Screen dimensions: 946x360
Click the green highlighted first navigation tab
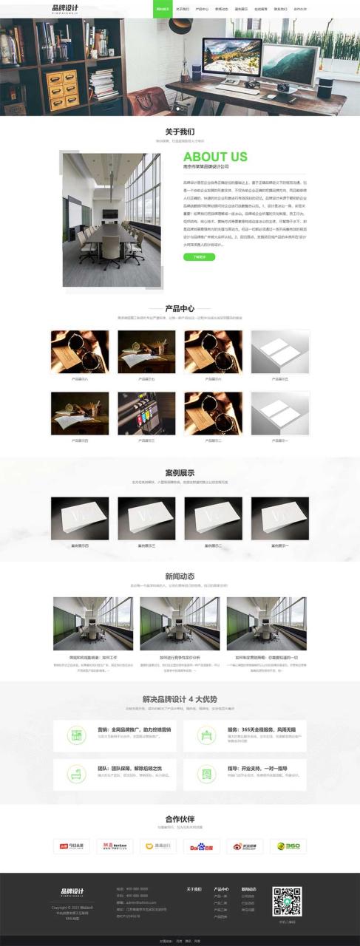pos(163,9)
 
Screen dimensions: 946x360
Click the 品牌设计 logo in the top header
pos(65,9)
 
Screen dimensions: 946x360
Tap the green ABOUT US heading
pos(215,157)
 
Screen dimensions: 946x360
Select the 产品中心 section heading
pos(180,308)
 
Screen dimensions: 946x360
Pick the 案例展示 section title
pos(180,473)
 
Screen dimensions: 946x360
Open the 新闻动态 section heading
pos(180,576)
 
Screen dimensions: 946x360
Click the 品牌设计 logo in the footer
pos(72,891)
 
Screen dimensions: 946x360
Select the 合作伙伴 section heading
pos(180,819)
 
